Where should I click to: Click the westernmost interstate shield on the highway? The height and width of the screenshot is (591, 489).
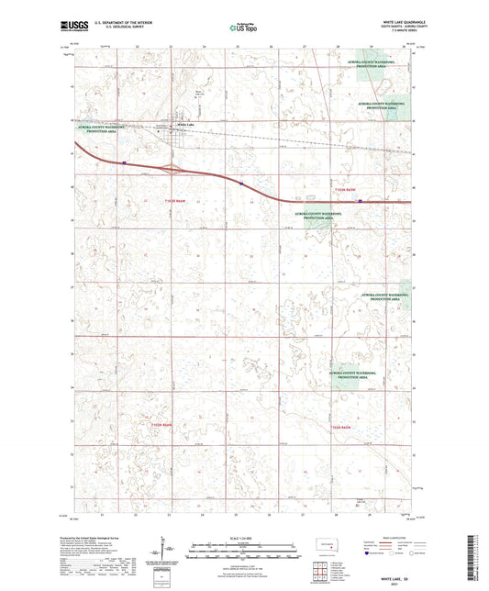click(x=123, y=163)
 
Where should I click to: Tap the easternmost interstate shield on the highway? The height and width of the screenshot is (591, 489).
click(x=361, y=201)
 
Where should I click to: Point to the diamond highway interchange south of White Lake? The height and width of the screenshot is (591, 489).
click(x=171, y=169)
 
